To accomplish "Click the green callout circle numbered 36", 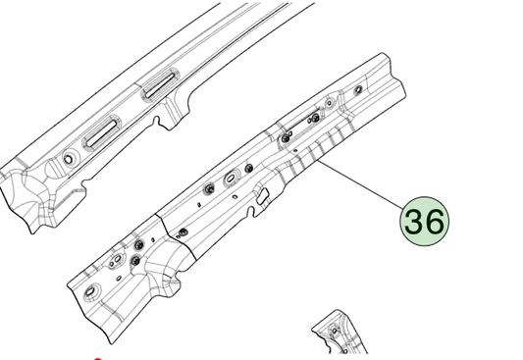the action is (x=424, y=222).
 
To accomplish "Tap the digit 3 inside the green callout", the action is (x=414, y=222).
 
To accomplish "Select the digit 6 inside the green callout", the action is (x=435, y=222).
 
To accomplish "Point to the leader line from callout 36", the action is (x=361, y=185).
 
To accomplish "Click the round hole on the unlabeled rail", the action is (x=69, y=159).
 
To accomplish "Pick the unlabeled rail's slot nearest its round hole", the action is (x=100, y=133).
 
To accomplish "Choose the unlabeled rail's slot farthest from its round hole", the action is (x=159, y=85).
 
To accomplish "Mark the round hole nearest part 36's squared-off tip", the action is (x=358, y=89).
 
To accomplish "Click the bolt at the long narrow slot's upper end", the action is (x=315, y=117).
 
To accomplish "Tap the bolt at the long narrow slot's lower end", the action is (x=286, y=137).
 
